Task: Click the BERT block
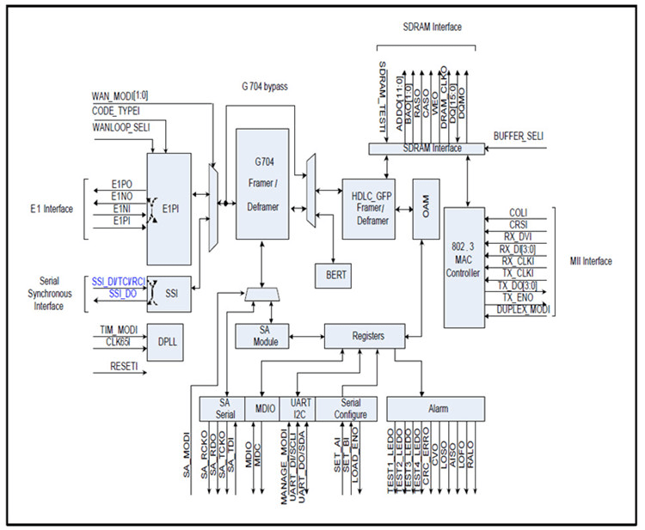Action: click(336, 274)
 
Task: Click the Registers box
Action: click(366, 337)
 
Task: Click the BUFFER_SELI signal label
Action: click(517, 137)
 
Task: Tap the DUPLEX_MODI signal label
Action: click(517, 308)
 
